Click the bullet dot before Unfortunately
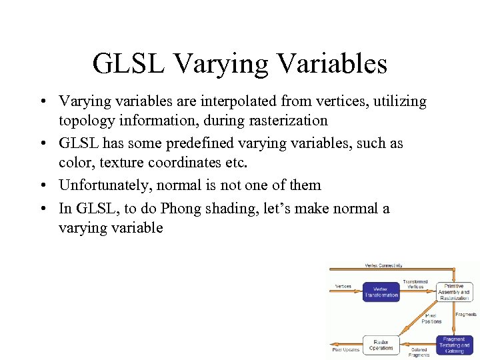(42, 186)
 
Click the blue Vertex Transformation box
(381, 292)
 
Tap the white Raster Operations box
(381, 345)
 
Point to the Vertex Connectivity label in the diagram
(383, 265)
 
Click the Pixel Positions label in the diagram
(431, 319)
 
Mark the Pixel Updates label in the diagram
(346, 349)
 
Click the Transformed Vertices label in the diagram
(415, 284)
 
